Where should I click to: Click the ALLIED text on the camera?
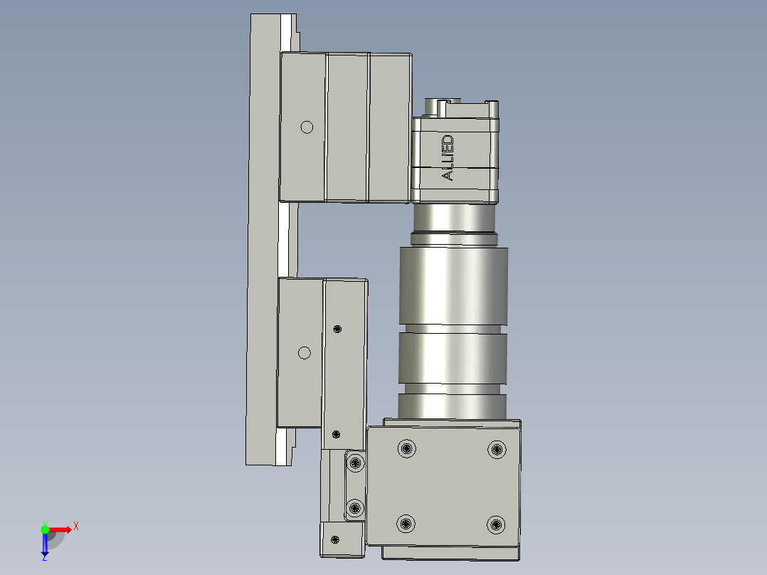[448, 157]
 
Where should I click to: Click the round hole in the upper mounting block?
[307, 127]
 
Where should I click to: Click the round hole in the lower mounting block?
[305, 353]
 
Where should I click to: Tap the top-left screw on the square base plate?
[406, 448]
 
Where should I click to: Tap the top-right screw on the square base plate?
[497, 449]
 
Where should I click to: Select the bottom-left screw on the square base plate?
[406, 524]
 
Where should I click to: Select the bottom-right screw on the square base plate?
[496, 525]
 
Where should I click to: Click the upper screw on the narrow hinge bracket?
[355, 463]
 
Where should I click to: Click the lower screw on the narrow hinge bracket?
[354, 508]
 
